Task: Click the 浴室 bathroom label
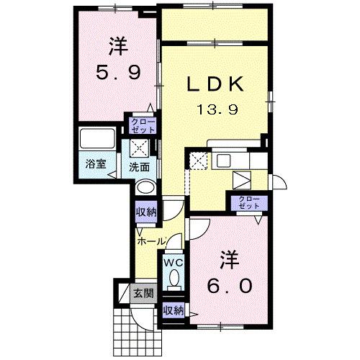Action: [96, 163]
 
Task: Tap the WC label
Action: [173, 264]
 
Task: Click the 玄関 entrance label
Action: [143, 293]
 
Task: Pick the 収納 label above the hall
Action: [146, 213]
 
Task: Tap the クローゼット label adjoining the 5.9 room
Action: [142, 125]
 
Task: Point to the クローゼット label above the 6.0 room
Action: [247, 202]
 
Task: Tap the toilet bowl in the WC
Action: [173, 284]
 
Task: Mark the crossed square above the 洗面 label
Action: [140, 148]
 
